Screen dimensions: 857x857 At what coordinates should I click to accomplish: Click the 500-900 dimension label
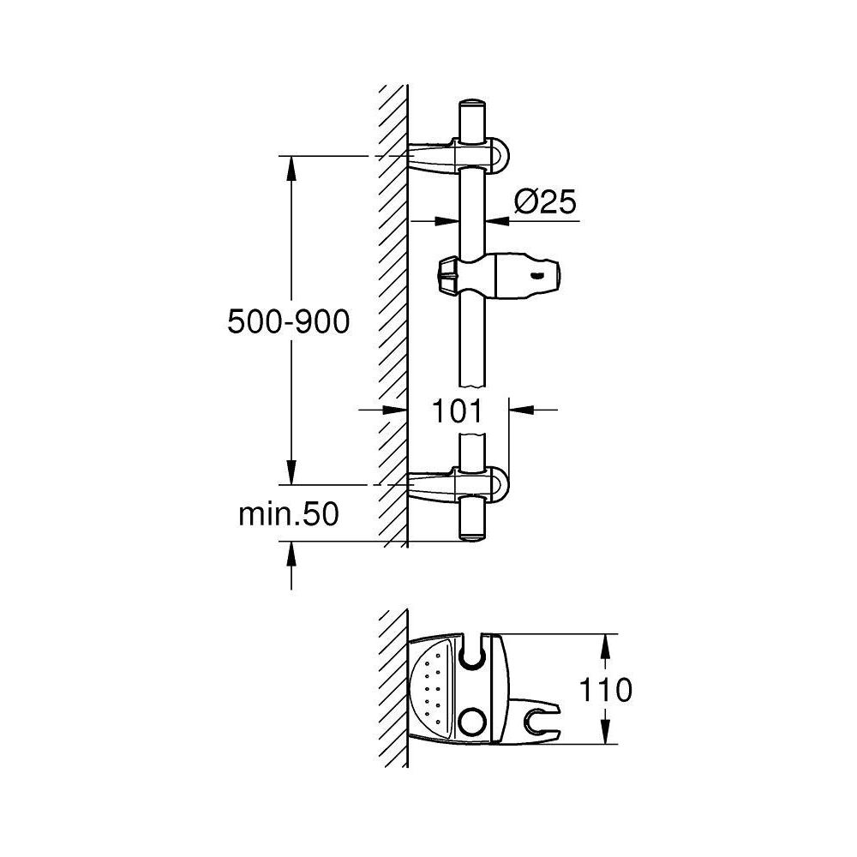[289, 322]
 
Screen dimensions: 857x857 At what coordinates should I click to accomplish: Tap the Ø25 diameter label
[543, 203]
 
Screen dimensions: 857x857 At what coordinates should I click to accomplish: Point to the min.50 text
[289, 514]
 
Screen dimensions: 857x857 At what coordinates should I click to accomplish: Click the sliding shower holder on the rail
[506, 275]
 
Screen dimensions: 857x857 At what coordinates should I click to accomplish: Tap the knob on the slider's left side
[446, 276]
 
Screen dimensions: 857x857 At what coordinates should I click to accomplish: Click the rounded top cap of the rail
[472, 107]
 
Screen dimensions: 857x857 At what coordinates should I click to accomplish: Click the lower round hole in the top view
[471, 718]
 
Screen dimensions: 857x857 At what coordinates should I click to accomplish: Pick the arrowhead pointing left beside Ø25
[496, 221]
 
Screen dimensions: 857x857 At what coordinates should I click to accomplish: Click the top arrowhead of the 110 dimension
[605, 646]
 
